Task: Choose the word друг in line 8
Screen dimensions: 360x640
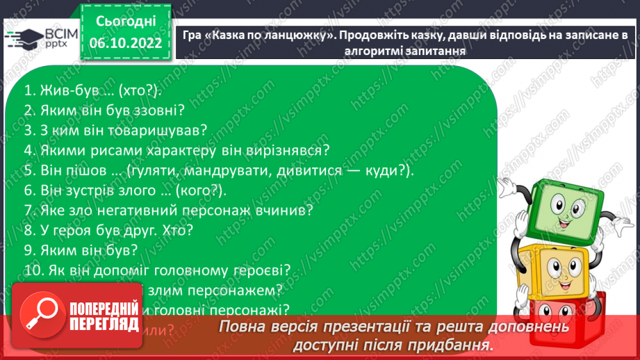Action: click(144, 229)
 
